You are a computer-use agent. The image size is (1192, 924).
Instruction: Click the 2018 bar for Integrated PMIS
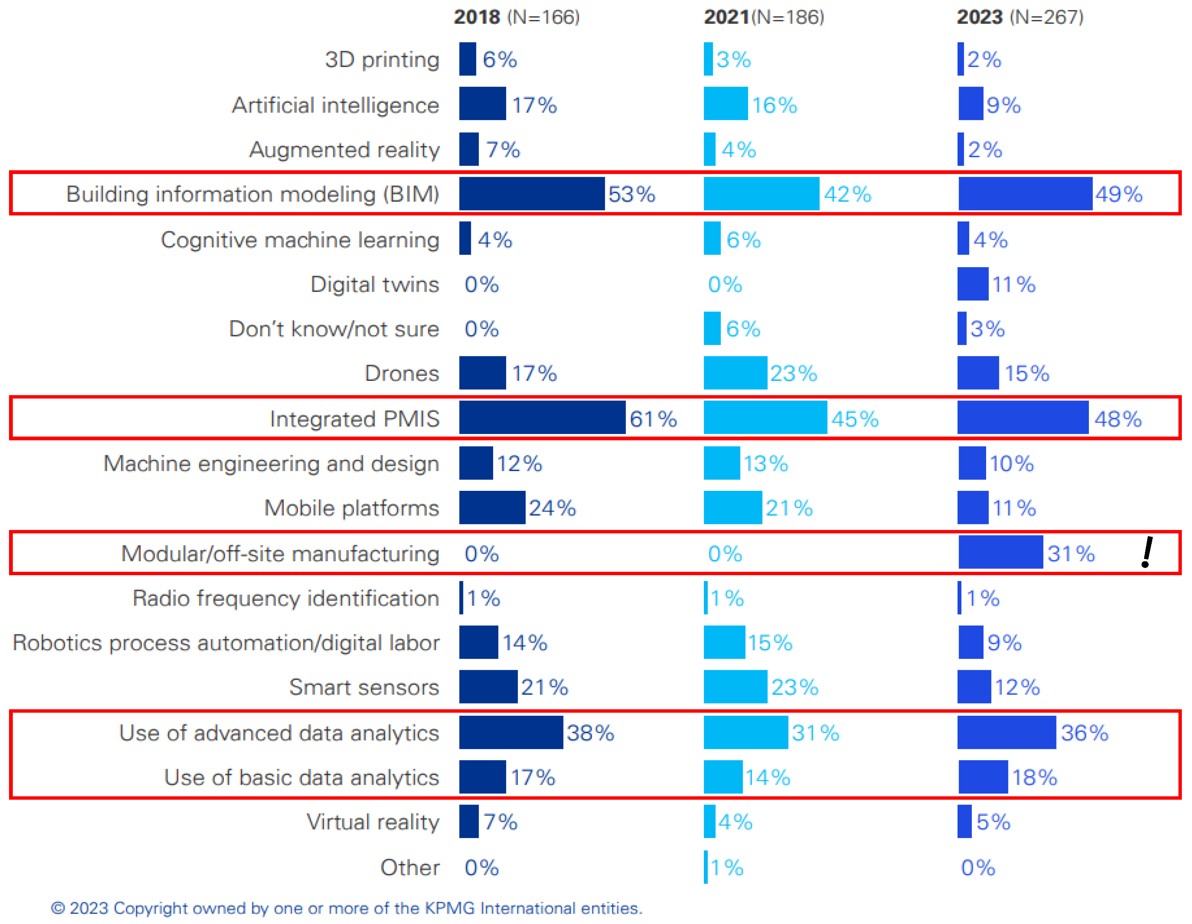click(x=542, y=418)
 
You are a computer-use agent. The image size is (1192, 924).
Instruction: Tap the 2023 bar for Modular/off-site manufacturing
click(x=1000, y=552)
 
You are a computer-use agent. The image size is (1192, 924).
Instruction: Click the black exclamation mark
click(x=1147, y=552)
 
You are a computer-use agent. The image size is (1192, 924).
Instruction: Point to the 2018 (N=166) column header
click(x=516, y=17)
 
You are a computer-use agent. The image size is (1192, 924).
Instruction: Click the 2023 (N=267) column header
click(x=1020, y=17)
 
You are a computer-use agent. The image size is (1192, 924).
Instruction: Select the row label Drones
click(x=402, y=374)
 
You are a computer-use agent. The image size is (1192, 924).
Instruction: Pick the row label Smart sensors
click(x=364, y=687)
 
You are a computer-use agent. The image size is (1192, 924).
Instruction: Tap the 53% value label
click(x=632, y=194)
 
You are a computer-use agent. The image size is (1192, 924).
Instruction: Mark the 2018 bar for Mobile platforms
click(x=492, y=507)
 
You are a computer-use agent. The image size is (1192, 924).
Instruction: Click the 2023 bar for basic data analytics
click(x=983, y=777)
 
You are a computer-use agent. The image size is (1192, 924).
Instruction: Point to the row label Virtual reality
click(x=373, y=822)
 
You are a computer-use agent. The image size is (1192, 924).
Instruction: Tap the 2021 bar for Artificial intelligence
click(x=725, y=104)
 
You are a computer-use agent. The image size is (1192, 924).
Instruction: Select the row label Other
click(x=410, y=867)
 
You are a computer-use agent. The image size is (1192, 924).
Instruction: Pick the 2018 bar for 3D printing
click(x=467, y=59)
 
